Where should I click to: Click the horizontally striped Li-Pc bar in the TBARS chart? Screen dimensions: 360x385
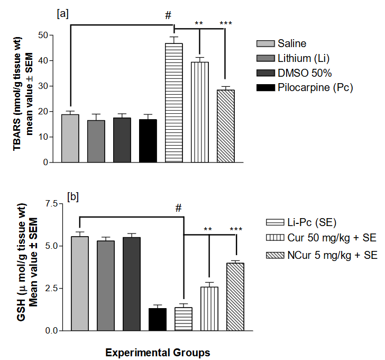click(174, 103)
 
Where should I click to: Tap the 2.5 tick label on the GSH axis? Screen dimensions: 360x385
click(51, 289)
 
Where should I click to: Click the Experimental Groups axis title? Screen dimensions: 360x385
click(157, 353)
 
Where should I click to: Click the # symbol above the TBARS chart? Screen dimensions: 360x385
click(168, 15)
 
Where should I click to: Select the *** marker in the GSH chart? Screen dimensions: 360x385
click(236, 229)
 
